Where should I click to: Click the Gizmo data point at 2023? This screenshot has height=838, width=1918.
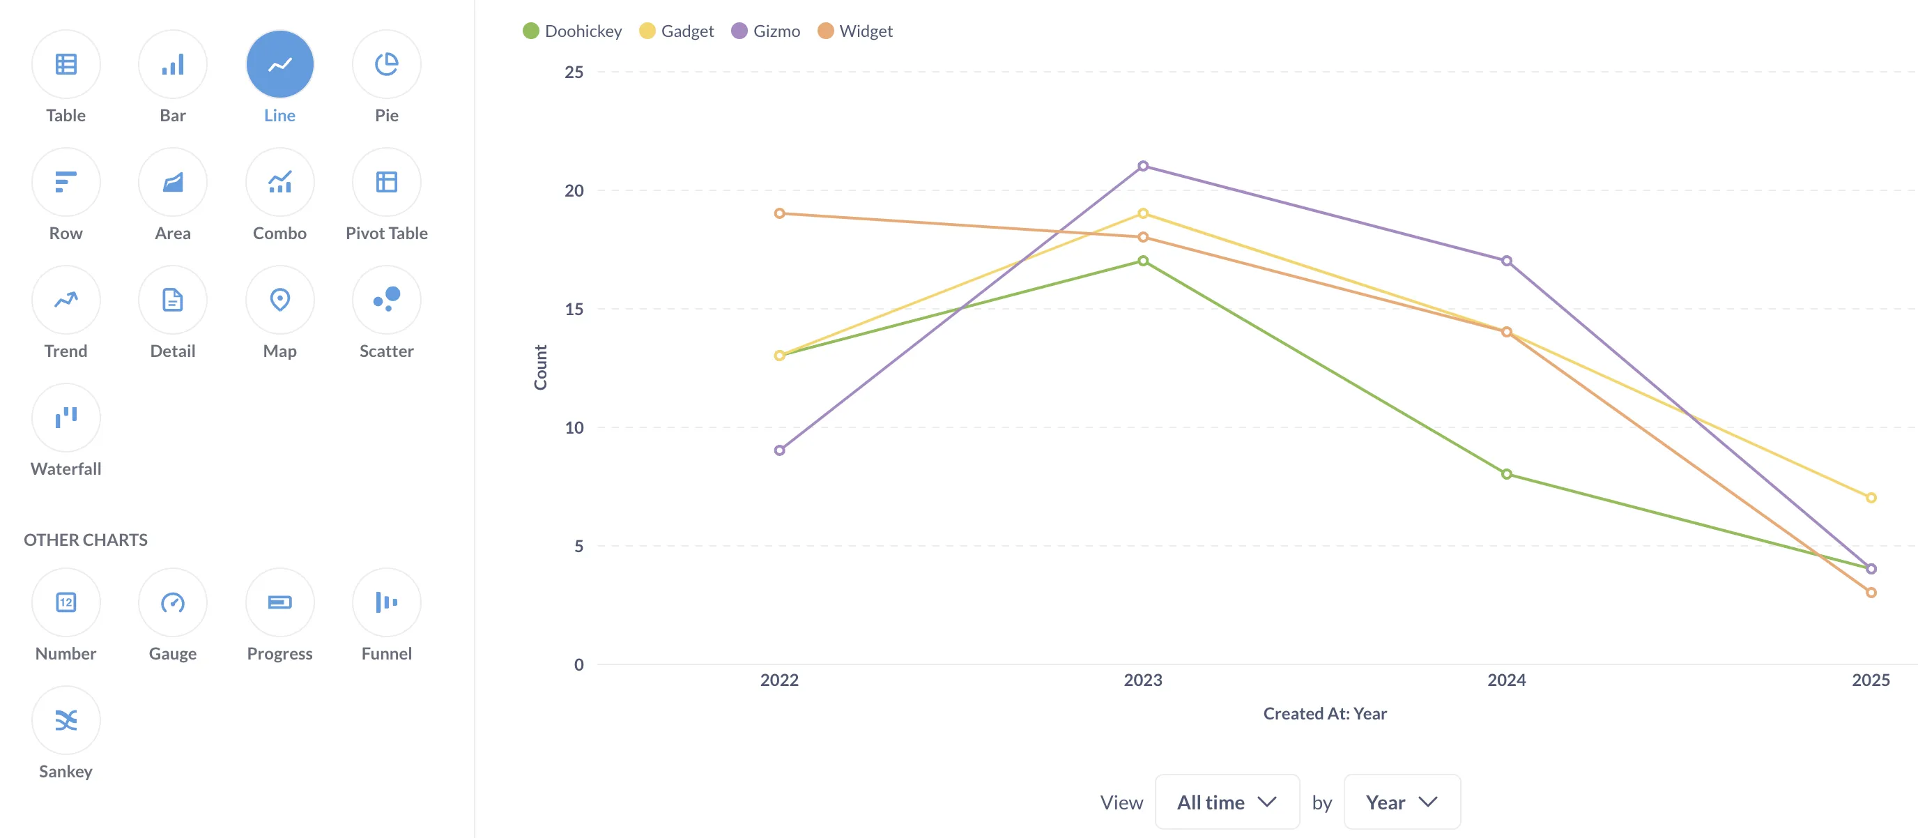coord(1143,166)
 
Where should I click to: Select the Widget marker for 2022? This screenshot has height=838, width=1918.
coord(780,214)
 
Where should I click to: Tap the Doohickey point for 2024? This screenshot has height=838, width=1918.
coord(1506,475)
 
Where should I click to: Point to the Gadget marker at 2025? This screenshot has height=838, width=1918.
coord(1871,498)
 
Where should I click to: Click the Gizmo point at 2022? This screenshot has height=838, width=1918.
coord(780,450)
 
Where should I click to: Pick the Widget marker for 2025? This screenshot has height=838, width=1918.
coord(1871,593)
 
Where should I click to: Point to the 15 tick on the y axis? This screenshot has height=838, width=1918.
coord(574,309)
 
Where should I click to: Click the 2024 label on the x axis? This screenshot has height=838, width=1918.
coord(1506,680)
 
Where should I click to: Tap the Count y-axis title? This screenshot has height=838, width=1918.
coord(541,367)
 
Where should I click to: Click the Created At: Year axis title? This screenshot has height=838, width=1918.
coord(1325,714)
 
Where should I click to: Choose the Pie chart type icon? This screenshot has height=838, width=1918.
coord(386,65)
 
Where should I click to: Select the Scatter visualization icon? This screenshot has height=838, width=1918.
coord(386,300)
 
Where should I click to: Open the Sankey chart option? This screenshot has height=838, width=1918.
coord(66,720)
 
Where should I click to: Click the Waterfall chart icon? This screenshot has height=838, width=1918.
coord(66,418)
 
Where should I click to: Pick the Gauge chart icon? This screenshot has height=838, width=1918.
coord(173,602)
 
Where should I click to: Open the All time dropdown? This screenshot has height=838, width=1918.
coord(1227,802)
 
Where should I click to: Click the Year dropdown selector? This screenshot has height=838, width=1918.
coord(1402,802)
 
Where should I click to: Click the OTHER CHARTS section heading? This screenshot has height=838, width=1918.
coord(86,540)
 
